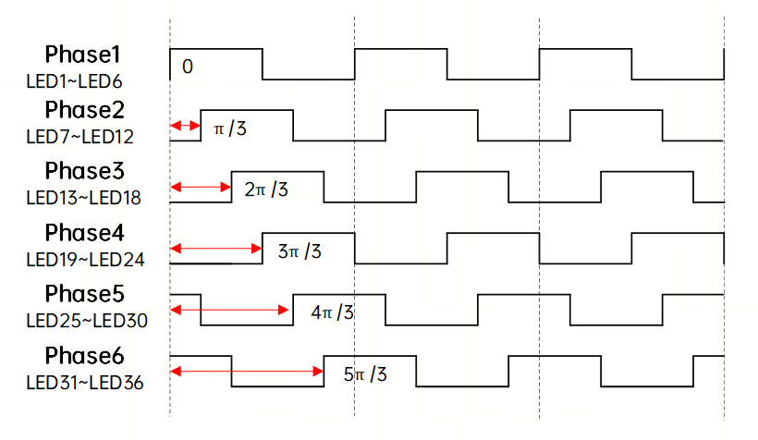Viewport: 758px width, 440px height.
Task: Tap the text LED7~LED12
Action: click(79, 138)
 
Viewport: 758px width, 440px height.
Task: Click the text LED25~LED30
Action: click(85, 320)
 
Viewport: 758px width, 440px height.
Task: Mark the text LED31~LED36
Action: click(84, 381)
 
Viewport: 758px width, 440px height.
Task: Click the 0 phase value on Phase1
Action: click(188, 67)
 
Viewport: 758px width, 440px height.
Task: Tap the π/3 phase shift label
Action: click(230, 128)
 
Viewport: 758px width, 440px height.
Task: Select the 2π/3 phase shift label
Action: click(267, 190)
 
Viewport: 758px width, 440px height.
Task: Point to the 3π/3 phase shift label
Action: click(300, 251)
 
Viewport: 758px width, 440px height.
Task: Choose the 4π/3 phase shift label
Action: click(333, 312)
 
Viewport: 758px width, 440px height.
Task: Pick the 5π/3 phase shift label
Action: click(365, 374)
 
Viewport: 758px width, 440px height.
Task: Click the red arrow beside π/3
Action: click(185, 125)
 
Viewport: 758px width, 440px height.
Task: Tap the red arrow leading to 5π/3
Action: click(247, 372)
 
